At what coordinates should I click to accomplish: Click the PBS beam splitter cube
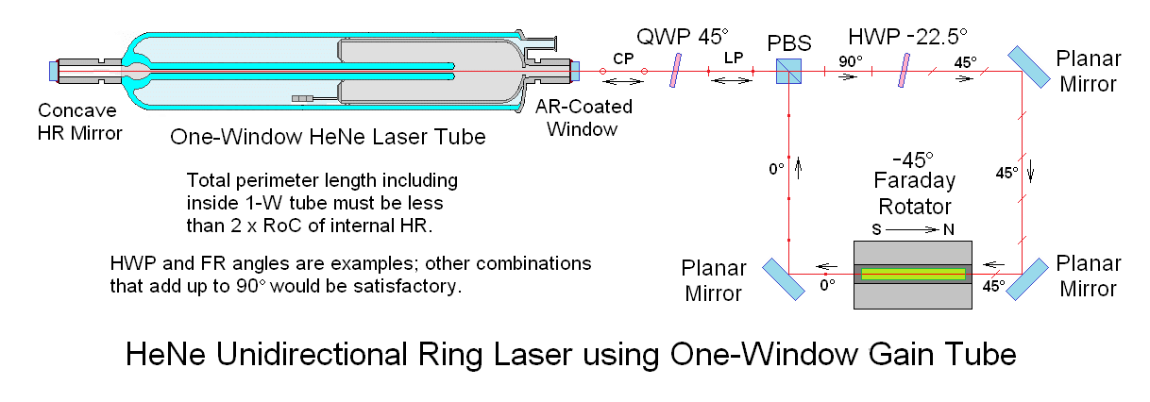[x=788, y=71]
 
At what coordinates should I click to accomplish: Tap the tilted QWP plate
[x=676, y=71]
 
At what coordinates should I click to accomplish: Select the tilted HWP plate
[x=905, y=71]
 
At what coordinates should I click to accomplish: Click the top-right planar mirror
[x=1028, y=67]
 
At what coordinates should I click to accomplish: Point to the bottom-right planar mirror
[x=1027, y=278]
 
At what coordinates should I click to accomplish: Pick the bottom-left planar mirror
[x=784, y=278]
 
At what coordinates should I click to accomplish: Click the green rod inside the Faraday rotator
[x=913, y=275]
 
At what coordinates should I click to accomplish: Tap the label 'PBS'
[x=789, y=43]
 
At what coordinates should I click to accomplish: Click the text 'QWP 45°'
[x=683, y=37]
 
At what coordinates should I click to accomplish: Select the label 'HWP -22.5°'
[x=907, y=37]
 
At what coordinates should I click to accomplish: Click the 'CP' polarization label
[x=623, y=59]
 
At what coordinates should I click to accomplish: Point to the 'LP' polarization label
[x=734, y=58]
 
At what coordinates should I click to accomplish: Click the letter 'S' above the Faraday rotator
[x=877, y=229]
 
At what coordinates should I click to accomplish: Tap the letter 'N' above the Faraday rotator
[x=949, y=229]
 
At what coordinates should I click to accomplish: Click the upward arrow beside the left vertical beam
[x=799, y=168]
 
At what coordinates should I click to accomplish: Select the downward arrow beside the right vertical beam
[x=1030, y=172]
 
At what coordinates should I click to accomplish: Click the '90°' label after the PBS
[x=851, y=61]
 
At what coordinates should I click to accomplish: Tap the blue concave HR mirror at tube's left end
[x=54, y=71]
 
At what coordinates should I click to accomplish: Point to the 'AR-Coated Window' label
[x=583, y=118]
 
